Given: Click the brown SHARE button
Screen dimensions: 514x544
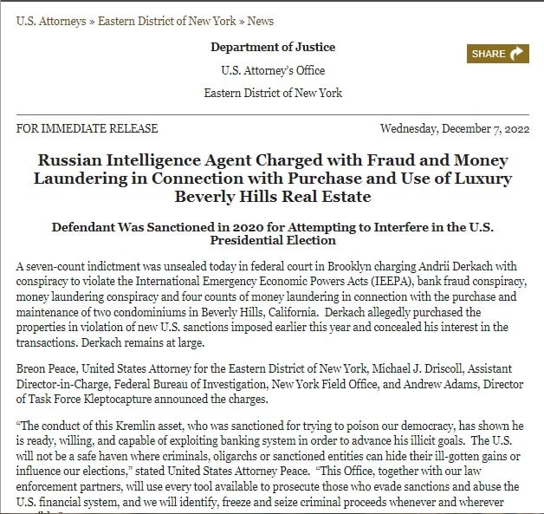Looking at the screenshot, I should click(498, 54).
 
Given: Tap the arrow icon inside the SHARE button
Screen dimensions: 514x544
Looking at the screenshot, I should click(518, 54).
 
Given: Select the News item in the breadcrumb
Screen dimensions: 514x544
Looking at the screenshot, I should click(260, 21).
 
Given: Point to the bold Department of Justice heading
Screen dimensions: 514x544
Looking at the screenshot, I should click(273, 47).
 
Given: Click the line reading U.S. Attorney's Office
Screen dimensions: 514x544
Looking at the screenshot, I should click(273, 70).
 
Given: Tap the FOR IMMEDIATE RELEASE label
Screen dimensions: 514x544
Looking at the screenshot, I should click(87, 128).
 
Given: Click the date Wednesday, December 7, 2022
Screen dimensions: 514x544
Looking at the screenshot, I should click(456, 128).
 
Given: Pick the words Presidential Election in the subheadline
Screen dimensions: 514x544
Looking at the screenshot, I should click(273, 242).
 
